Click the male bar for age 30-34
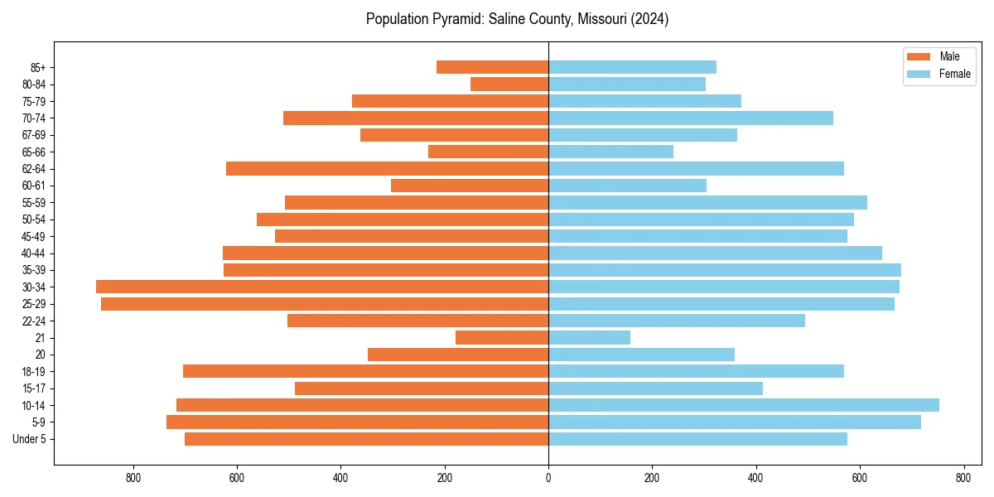coord(322,287)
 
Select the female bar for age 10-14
coord(743,405)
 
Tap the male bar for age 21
coord(502,337)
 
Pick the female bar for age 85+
coord(632,67)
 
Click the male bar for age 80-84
coord(509,84)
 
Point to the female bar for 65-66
coord(610,152)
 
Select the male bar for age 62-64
coord(387,168)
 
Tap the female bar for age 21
coord(589,337)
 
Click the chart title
coord(517,19)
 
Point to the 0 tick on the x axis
coord(548,478)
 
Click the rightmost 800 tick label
coord(963,478)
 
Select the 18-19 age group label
coord(34,372)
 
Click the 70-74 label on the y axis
coord(34,118)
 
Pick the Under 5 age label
coord(30,439)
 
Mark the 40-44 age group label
coord(34,253)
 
